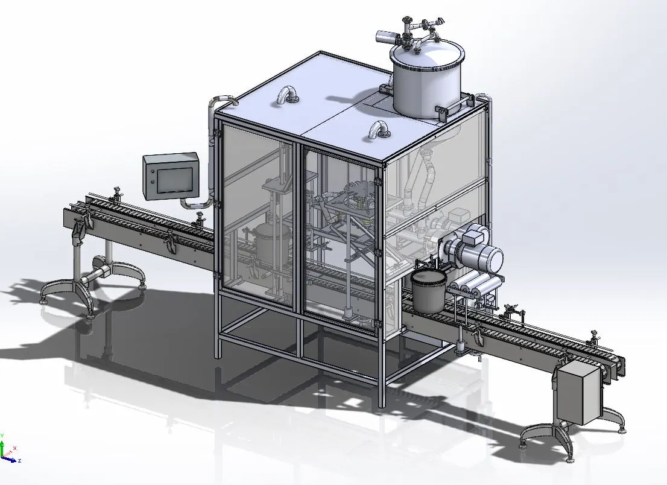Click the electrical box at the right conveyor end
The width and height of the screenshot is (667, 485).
pos(578,393)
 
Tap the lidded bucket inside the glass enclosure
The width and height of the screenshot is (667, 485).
pos(265,242)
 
